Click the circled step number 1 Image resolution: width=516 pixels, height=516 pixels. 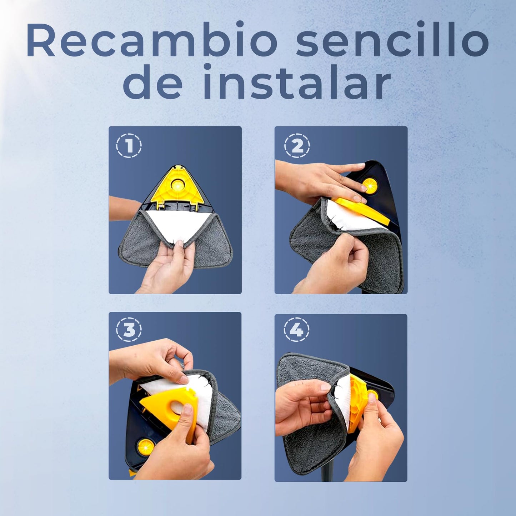(129, 146)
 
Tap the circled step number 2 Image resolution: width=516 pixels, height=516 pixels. (297, 146)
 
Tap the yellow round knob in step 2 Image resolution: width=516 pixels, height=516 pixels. (370, 185)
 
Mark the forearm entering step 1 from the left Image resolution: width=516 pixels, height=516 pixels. (125, 208)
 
